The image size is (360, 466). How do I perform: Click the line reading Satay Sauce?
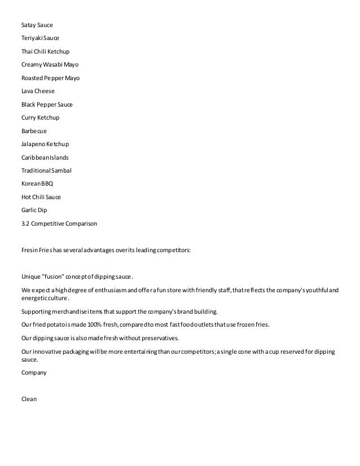(x=38, y=25)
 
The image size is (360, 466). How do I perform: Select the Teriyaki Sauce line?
(x=40, y=38)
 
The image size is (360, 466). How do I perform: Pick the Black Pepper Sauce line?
(x=47, y=104)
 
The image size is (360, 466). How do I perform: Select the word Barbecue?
(x=34, y=131)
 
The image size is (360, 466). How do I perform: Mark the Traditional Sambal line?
(x=46, y=170)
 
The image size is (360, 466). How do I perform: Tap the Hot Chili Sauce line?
(x=41, y=197)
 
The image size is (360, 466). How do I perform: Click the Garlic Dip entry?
(x=34, y=210)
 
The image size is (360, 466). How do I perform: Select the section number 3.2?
(x=25, y=223)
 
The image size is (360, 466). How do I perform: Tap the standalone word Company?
(x=34, y=372)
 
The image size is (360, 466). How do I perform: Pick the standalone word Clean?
(x=29, y=399)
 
